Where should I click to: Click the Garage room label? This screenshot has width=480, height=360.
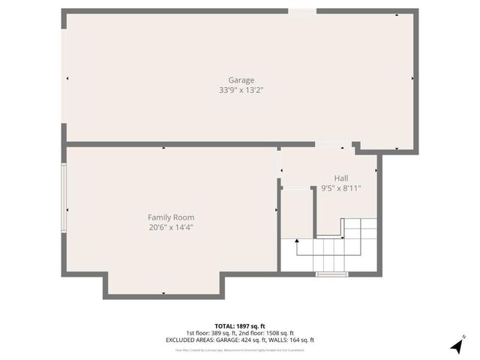click(241, 80)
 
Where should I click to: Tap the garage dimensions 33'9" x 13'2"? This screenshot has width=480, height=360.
click(241, 90)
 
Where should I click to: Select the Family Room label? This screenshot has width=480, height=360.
click(166, 217)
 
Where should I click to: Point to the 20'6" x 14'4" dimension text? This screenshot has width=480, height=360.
click(166, 227)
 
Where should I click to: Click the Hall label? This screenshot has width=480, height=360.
click(341, 178)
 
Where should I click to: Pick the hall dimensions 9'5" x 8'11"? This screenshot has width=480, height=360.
click(341, 187)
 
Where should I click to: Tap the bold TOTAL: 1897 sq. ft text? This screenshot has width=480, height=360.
click(240, 326)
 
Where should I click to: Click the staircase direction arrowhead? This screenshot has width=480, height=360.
click(297, 241)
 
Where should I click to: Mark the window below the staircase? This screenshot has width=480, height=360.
click(331, 274)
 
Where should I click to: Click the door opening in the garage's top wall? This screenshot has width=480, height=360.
click(302, 11)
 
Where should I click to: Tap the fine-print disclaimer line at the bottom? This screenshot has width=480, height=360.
click(240, 349)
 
